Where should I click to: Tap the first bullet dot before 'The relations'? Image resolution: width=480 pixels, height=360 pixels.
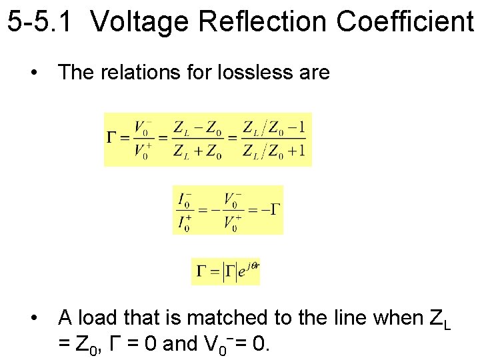point(33,72)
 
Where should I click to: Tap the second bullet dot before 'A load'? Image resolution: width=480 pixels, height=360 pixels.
point(33,318)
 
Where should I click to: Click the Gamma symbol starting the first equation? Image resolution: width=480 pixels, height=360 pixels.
point(113,139)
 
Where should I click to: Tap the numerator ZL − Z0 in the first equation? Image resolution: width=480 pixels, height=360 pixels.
point(198,127)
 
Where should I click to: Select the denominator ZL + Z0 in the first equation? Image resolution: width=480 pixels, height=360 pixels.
point(198,151)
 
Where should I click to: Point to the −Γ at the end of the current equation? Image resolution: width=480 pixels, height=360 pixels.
point(271,209)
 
